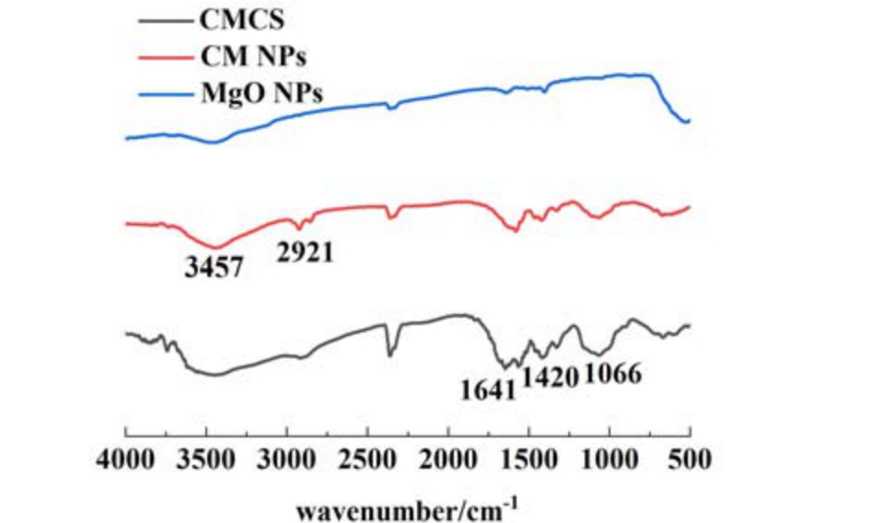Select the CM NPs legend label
click(x=252, y=56)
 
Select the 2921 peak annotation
click(x=305, y=251)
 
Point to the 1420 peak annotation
click(x=550, y=378)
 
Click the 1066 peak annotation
click(x=612, y=375)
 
